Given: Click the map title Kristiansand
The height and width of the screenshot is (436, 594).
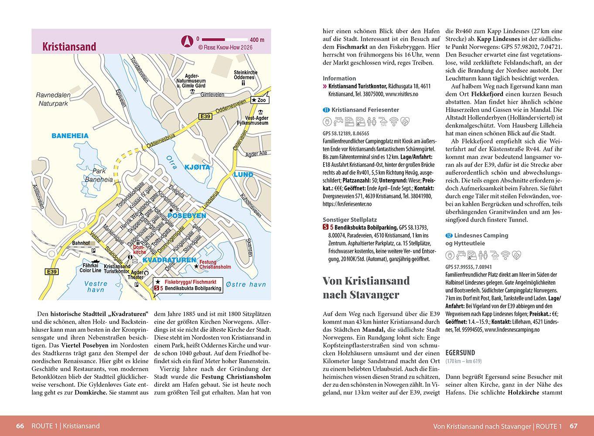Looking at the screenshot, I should pos(69,47).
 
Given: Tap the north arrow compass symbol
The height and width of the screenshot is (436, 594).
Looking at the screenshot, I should pos(186,41).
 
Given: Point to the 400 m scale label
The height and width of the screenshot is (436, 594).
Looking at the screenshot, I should pos(257,40).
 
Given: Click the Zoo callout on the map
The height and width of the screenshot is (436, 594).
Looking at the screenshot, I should pos(260,100).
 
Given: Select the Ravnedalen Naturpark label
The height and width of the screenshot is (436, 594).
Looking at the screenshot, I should pos(53,99).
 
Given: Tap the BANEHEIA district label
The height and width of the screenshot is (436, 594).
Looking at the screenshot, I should pos(70,136).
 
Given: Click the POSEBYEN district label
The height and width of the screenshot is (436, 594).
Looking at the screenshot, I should pos(186,216).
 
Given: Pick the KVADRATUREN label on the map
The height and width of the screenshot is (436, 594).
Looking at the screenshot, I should pos(169,260).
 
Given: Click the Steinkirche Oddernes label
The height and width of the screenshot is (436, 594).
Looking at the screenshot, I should pos(246,75).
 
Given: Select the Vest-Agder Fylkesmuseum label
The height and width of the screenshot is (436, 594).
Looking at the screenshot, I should pos(256,121).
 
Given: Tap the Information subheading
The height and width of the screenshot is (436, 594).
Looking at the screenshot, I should pos(339,78).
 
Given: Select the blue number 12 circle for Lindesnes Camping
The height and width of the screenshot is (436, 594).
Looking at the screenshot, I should pos(448,235).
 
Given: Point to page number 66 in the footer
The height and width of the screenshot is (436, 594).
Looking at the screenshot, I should pos(20,426).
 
